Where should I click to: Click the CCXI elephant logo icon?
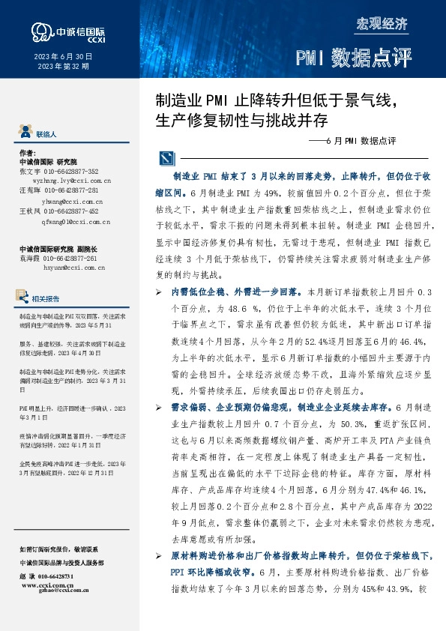tap(40, 31)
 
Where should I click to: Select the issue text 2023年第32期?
tap(63, 67)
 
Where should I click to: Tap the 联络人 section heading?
tap(46, 134)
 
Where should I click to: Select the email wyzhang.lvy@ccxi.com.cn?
tap(72, 181)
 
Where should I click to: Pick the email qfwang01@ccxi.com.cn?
tap(76, 222)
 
